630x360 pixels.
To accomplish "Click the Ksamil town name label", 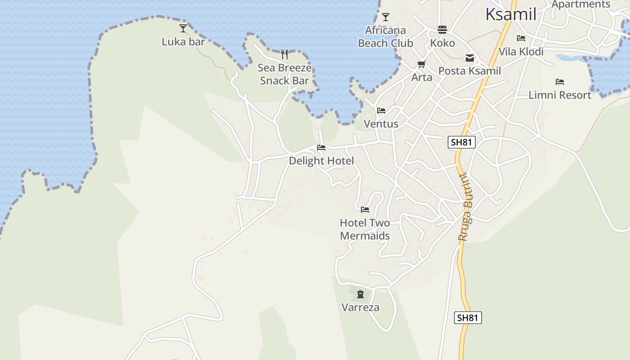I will (511, 14).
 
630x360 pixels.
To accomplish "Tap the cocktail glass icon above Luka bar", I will (183, 28).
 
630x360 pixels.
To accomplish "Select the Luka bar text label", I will (183, 42).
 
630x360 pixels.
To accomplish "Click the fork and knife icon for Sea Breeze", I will (284, 54).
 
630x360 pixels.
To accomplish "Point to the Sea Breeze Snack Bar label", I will (284, 74).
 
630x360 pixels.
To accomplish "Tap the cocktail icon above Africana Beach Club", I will (385, 18).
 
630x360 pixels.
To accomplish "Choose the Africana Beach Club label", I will (385, 37).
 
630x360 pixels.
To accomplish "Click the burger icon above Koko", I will (442, 30).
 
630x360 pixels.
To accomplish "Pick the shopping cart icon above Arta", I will (422, 64).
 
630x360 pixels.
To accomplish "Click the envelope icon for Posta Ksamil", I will (470, 58).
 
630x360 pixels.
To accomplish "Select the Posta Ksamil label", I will (469, 71).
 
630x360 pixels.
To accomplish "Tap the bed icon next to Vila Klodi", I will (521, 38).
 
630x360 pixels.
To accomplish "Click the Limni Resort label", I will (560, 95).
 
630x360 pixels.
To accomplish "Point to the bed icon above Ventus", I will (381, 111).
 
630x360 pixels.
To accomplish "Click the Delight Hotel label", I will (321, 161).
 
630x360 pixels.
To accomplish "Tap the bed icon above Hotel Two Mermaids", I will (365, 210).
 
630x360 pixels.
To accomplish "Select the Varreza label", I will (360, 308).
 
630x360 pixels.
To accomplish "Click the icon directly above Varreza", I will (360, 295).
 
